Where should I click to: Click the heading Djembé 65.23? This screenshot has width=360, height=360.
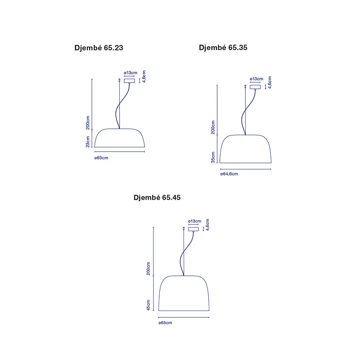pyautogui.click(x=99, y=48)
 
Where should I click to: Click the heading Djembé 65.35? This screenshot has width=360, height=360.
pyautogui.click(x=223, y=48)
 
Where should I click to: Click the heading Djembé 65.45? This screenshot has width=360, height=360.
pyautogui.click(x=157, y=197)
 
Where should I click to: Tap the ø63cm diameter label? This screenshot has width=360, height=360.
pyautogui.click(x=101, y=158)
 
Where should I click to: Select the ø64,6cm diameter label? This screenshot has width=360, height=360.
pyautogui.click(x=229, y=174)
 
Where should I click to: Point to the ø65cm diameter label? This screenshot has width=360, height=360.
pyautogui.click(x=165, y=323)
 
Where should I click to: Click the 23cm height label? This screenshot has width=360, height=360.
pyautogui.click(x=88, y=142)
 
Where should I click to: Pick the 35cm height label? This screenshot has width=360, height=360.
pyautogui.click(x=213, y=157)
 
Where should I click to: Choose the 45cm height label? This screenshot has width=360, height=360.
pyautogui.click(x=148, y=306)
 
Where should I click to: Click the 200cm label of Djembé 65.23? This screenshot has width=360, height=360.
pyautogui.click(x=88, y=123)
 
